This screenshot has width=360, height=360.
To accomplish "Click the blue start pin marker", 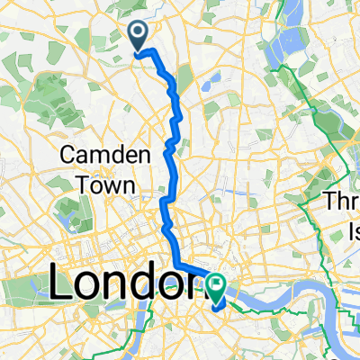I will (140, 36).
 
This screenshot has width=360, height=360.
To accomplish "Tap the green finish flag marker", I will (216, 285).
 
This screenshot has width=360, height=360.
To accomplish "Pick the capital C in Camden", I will (68, 154).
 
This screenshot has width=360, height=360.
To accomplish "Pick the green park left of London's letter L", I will (22, 292).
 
